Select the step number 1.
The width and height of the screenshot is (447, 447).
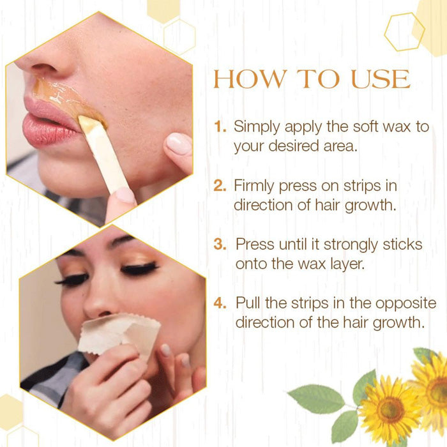point(220,126)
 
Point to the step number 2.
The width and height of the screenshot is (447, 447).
point(220,186)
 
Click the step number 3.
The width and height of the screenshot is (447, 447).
point(220,245)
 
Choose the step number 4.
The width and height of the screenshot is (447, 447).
point(220,303)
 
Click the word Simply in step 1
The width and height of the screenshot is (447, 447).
point(256,127)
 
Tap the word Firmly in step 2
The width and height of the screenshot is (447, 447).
point(255,186)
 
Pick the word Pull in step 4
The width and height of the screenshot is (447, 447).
point(247,303)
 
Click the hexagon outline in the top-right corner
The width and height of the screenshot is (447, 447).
point(404,31)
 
